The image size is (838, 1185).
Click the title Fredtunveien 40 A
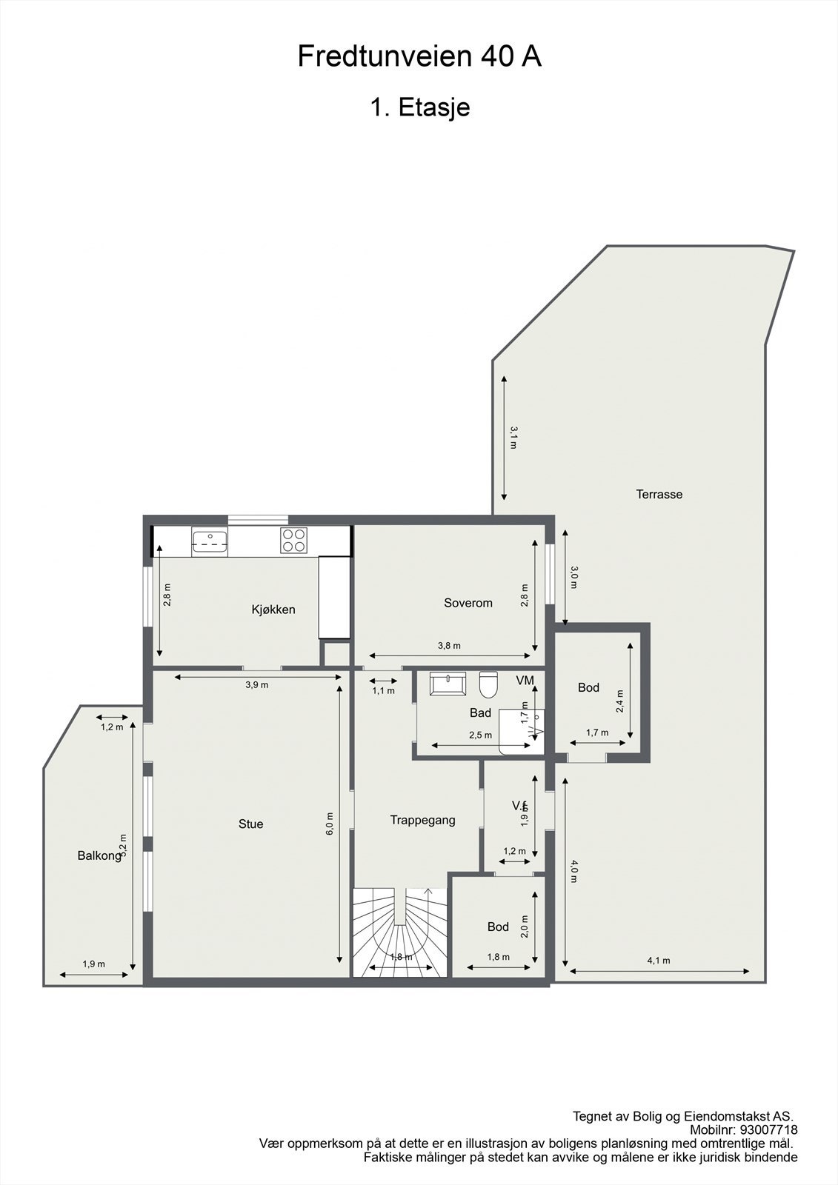pyautogui.click(x=419, y=57)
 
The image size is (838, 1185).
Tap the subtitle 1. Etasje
pyautogui.click(x=419, y=108)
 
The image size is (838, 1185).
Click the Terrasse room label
pyautogui.click(x=659, y=494)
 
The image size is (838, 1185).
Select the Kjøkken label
pyautogui.click(x=273, y=610)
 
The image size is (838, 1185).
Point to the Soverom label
pyautogui.click(x=468, y=603)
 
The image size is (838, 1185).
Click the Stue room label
pyautogui.click(x=250, y=824)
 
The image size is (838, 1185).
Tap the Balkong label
pyautogui.click(x=99, y=855)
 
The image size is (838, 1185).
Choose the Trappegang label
pyautogui.click(x=422, y=820)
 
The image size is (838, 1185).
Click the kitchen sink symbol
pyautogui.click(x=210, y=541)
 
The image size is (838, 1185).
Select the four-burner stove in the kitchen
pyautogui.click(x=293, y=540)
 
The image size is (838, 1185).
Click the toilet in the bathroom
pyautogui.click(x=488, y=684)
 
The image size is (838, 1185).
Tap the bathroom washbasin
pyautogui.click(x=448, y=683)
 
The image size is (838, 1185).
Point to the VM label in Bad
pyautogui.click(x=525, y=680)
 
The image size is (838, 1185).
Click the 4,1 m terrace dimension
pyautogui.click(x=658, y=961)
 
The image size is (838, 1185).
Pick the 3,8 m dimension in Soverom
pyautogui.click(x=449, y=646)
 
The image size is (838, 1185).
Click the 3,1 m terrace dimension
pyautogui.click(x=513, y=437)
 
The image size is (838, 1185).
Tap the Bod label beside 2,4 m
pyautogui.click(x=588, y=687)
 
